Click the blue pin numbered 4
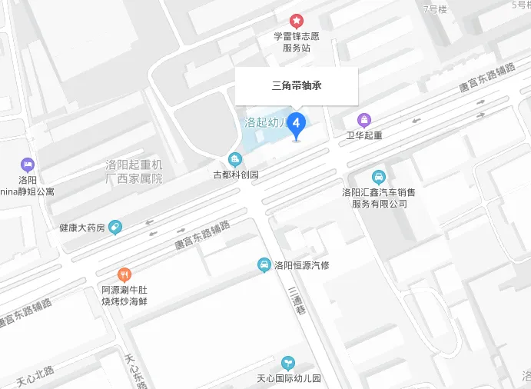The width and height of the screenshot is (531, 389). click(297, 124)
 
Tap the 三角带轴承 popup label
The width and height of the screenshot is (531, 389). click(296, 85)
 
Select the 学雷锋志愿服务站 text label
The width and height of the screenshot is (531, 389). click(296, 42)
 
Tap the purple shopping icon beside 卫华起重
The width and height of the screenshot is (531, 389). click(364, 120)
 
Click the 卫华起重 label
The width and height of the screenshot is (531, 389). click(364, 135)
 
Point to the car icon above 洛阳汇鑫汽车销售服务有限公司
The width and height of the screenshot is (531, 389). click(379, 177)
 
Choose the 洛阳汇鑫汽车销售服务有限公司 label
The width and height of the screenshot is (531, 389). click(379, 198)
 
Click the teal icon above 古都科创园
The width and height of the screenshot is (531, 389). click(235, 160)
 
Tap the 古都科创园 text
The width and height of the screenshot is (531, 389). click(236, 175)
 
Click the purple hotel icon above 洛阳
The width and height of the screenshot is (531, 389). click(28, 165)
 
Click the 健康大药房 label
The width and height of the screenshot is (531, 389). click(81, 228)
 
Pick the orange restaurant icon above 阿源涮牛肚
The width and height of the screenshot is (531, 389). click(124, 274)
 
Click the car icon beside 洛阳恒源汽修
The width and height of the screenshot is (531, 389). click(264, 265)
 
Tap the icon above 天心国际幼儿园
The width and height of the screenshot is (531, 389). click(288, 362)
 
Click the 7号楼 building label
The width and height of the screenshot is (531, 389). click(436, 9)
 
